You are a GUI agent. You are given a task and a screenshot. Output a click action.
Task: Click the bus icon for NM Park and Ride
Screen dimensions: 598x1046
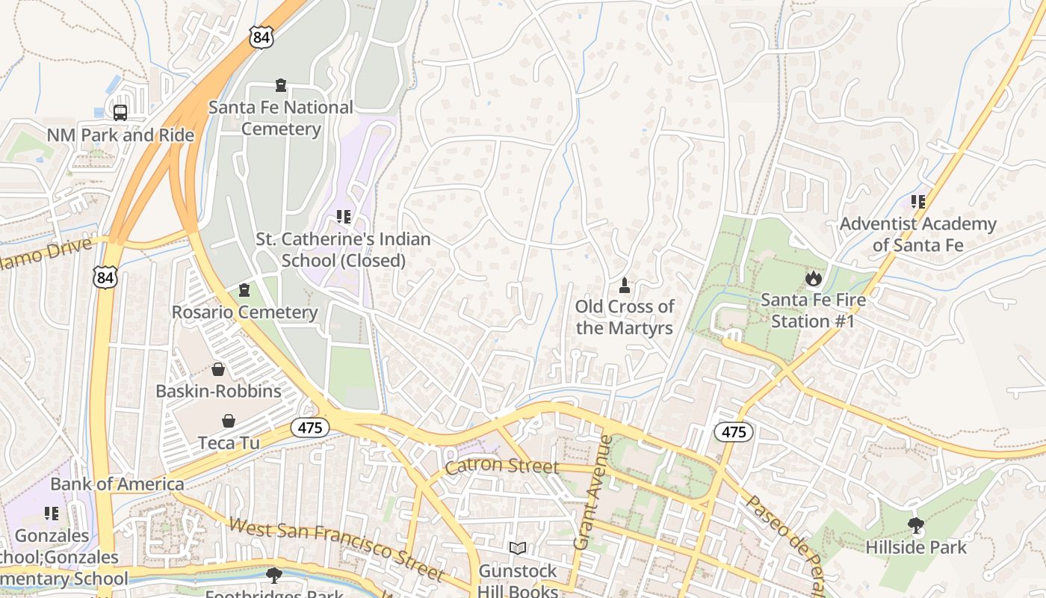[x=120, y=112]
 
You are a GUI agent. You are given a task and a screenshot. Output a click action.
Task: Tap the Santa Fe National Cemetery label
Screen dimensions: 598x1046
[x=281, y=118]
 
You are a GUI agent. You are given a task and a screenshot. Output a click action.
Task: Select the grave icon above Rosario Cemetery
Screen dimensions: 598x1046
[x=244, y=289]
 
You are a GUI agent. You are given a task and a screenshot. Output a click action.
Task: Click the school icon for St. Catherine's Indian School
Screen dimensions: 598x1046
[x=343, y=217]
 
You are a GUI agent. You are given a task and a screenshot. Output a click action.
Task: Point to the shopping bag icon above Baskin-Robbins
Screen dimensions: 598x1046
[x=217, y=369]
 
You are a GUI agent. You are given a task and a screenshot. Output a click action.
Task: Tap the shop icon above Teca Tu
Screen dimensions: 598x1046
[x=228, y=422]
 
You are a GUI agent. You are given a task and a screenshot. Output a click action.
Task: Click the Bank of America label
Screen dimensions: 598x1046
[x=117, y=484]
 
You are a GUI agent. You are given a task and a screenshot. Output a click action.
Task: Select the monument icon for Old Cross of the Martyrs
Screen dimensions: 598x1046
[x=625, y=285]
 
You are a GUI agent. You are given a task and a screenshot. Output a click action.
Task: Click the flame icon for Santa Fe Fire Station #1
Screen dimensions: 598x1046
[x=813, y=279]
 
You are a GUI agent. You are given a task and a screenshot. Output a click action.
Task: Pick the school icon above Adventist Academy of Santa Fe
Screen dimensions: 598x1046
[x=917, y=201]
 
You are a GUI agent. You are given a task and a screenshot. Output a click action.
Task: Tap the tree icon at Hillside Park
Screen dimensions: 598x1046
[x=915, y=525]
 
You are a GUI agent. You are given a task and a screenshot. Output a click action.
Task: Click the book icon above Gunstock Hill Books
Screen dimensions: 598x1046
[x=518, y=549]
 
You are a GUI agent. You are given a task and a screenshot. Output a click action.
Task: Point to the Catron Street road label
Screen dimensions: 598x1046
[x=502, y=466]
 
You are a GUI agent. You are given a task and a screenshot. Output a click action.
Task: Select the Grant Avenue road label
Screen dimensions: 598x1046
[x=592, y=493]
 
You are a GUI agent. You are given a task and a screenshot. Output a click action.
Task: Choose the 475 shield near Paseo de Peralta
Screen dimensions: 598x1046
[x=733, y=431]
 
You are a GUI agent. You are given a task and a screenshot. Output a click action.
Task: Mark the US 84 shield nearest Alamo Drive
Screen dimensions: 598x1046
[x=105, y=278]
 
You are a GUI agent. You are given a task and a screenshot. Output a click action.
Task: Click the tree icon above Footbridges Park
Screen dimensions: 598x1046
[x=274, y=575]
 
